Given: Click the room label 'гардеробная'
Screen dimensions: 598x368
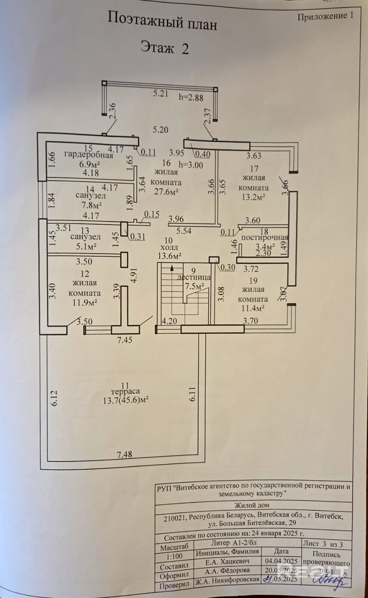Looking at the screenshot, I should point(89,155).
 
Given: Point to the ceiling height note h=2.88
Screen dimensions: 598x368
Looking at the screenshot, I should point(191,98).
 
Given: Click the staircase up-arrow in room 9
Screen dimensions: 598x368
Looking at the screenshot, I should point(171,268).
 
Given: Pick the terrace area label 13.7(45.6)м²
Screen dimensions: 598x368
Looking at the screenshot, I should point(126,400).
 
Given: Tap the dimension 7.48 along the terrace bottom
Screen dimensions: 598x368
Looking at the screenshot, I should point(124,454).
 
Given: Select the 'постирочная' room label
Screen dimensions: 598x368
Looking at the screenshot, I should point(265,238).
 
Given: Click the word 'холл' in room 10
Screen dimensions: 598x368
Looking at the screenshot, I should point(169,248).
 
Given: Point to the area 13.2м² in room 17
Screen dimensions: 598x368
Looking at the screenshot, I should point(253,197).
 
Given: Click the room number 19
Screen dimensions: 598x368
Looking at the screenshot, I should point(253,280).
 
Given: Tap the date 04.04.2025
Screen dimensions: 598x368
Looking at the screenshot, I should point(281,561).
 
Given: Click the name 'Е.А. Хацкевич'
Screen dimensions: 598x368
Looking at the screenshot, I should point(227,561).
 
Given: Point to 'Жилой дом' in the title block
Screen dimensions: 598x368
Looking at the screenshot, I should point(251,505).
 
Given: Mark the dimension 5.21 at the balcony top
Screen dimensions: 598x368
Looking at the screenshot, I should point(161,93).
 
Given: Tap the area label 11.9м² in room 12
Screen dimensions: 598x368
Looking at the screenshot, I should point(85,302).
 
